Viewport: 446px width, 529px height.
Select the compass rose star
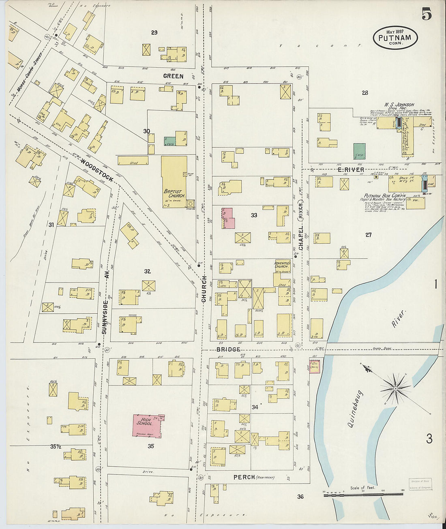click(x=395, y=388)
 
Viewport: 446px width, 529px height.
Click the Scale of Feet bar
click(x=363, y=494)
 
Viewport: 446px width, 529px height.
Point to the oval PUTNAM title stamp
click(x=395, y=38)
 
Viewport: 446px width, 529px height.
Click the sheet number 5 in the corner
click(x=426, y=14)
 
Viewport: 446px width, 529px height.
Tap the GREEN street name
click(x=173, y=76)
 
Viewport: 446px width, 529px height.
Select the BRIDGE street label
click(x=228, y=349)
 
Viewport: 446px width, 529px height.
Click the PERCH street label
click(x=244, y=477)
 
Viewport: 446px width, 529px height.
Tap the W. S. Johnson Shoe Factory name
click(x=397, y=105)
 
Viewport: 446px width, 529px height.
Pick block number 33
click(x=254, y=215)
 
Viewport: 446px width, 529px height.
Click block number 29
click(x=154, y=32)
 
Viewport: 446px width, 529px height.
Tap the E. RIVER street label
click(x=351, y=170)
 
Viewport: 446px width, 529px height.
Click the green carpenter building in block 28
click(x=359, y=151)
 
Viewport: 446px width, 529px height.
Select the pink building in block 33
click(x=227, y=218)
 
